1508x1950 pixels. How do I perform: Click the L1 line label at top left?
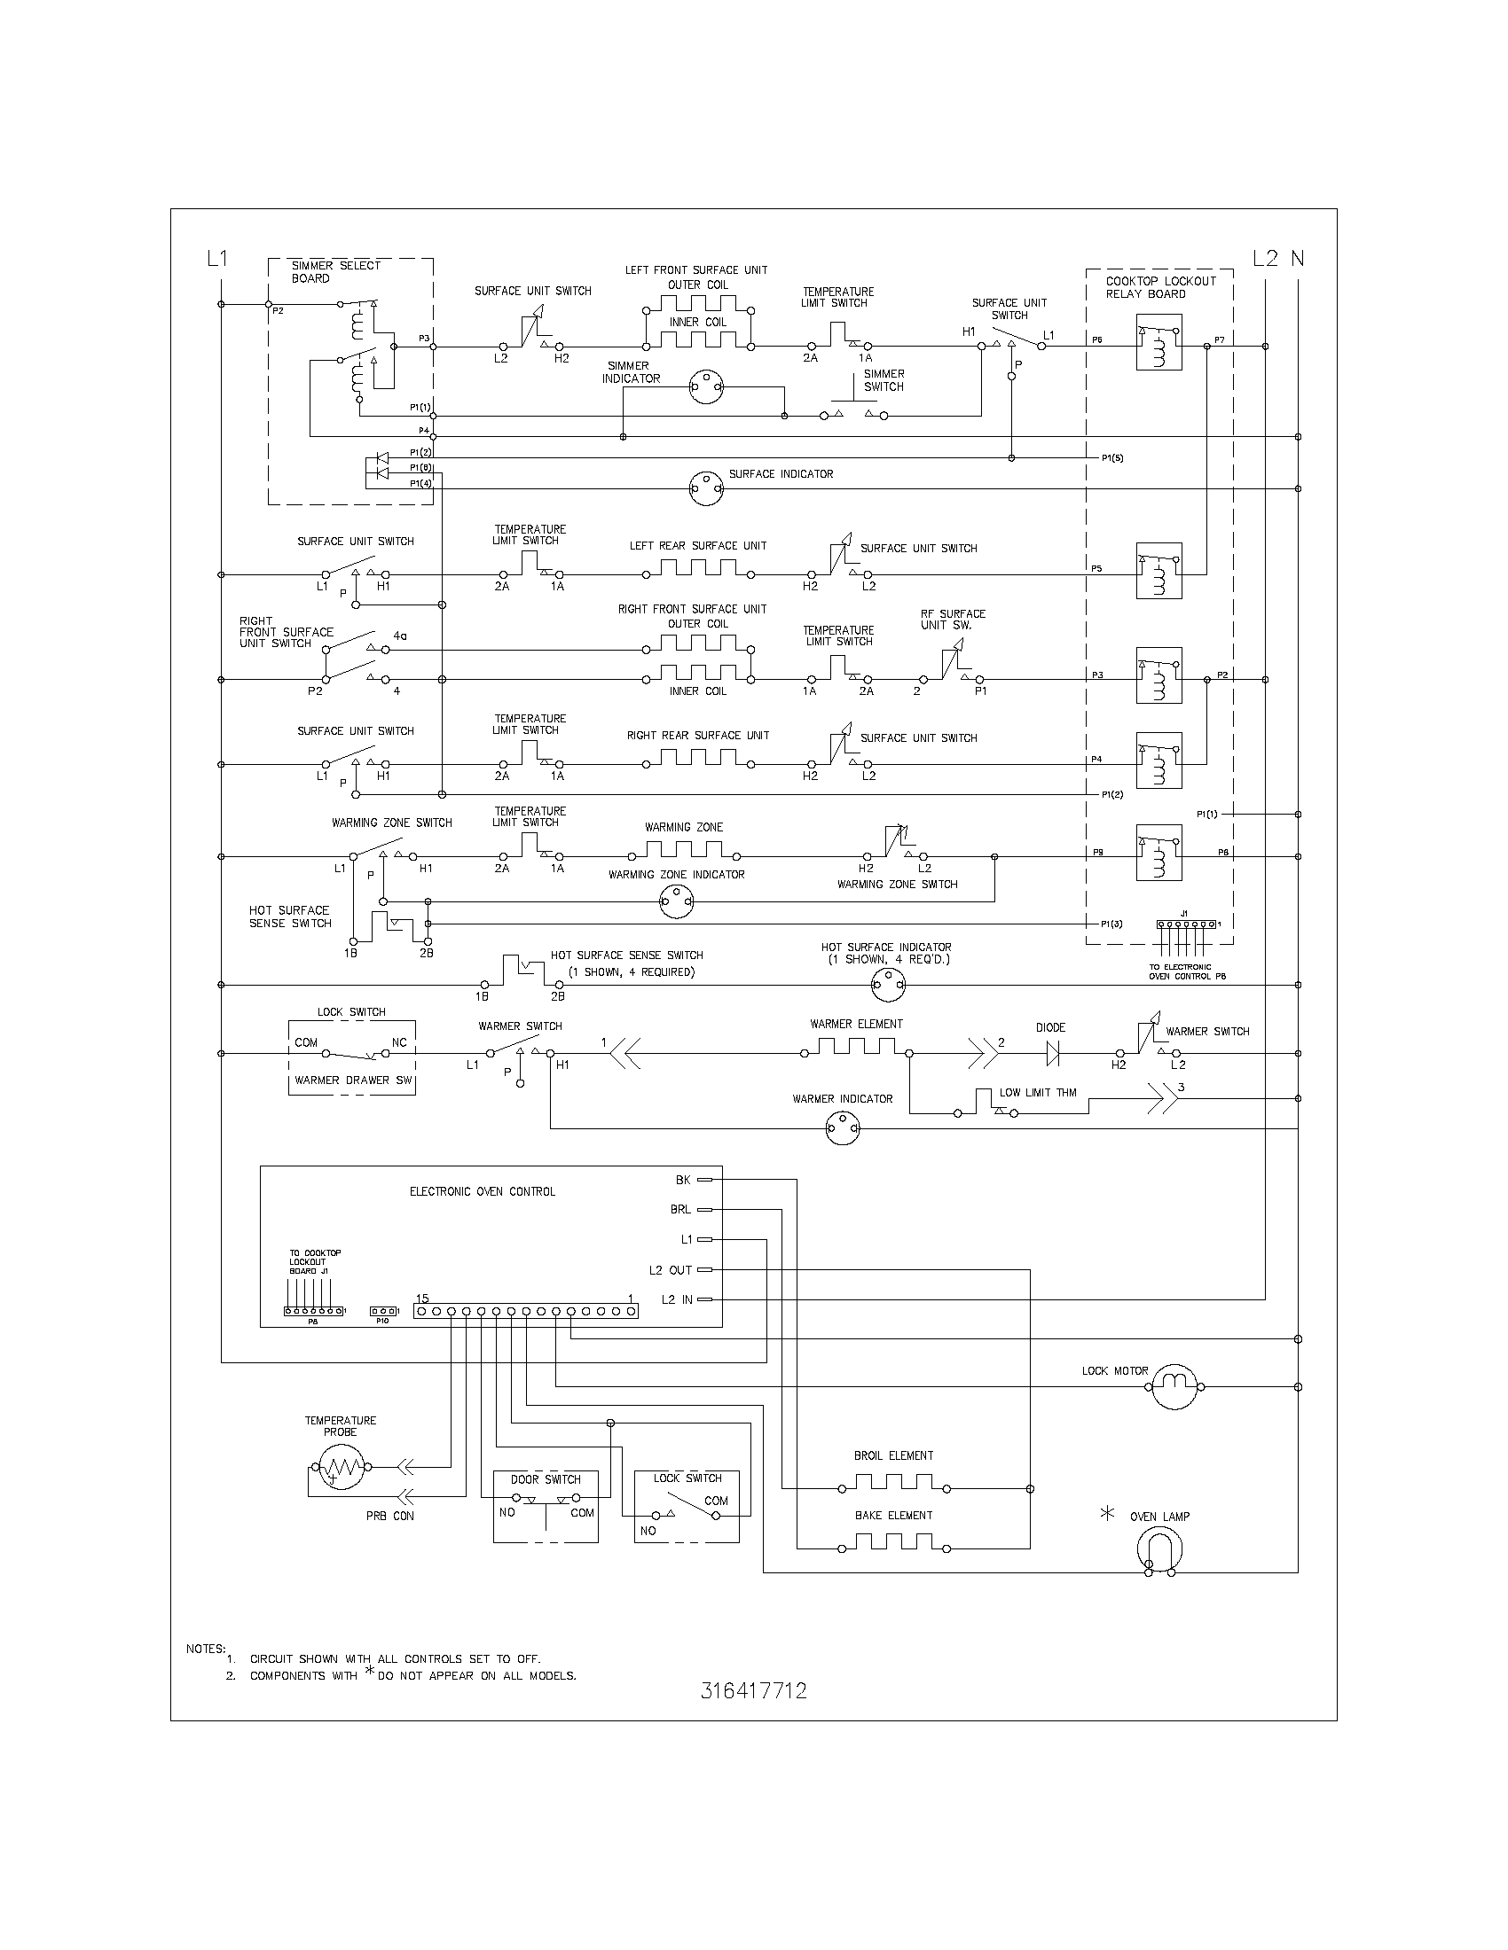click(x=217, y=259)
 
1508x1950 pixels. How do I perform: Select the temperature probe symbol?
click(x=340, y=1466)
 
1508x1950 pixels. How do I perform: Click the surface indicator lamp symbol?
click(x=706, y=488)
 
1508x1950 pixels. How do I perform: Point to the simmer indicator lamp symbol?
click(x=706, y=387)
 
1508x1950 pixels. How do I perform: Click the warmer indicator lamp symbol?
click(x=843, y=1128)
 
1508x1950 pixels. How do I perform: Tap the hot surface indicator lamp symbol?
click(x=888, y=985)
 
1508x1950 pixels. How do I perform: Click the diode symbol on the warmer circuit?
click(x=1052, y=1054)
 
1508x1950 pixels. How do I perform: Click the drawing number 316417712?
click(x=753, y=1690)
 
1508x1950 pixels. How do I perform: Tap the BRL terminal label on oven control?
click(x=679, y=1210)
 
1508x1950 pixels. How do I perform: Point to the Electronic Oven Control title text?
click(x=483, y=1191)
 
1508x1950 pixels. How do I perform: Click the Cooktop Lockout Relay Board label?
click(x=1159, y=287)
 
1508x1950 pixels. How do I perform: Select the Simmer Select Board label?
click(x=335, y=271)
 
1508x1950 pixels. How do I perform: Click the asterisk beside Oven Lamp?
click(x=1108, y=1513)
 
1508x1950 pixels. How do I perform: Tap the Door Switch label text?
click(x=545, y=1479)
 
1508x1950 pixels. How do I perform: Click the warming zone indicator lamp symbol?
click(x=676, y=902)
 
